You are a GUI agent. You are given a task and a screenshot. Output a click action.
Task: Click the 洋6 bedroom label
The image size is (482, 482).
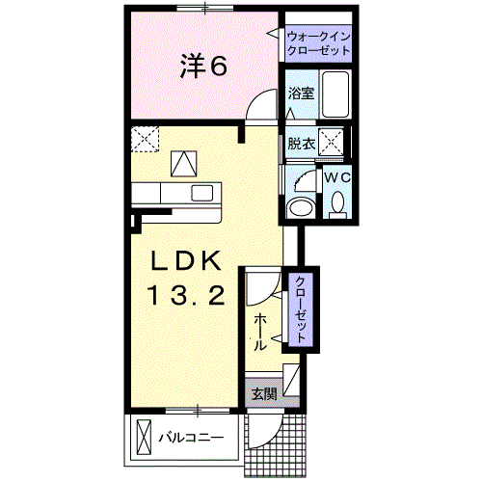point(203,66)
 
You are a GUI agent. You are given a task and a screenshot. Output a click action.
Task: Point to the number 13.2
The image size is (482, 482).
point(186,296)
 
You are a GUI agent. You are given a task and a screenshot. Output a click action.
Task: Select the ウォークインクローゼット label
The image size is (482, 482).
point(318,43)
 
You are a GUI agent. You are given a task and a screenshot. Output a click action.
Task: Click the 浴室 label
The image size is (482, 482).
point(301,94)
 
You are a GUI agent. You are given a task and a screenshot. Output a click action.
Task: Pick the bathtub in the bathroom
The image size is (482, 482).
point(335,94)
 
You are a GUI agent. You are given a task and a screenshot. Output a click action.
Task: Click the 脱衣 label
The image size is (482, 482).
point(301,144)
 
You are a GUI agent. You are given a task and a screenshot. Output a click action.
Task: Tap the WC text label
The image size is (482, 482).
point(336,177)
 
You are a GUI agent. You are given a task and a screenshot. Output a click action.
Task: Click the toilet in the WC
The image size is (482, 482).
point(337,204)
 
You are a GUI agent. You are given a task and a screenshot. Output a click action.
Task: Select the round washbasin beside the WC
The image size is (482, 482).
point(301,207)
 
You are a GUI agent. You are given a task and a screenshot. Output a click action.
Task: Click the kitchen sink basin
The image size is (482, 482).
point(202,193)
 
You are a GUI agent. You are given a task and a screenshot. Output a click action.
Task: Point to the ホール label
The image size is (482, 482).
point(260,333)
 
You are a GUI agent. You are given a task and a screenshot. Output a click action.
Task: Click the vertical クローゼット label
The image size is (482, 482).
point(301,309)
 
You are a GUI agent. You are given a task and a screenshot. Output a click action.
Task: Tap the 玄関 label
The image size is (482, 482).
point(264,393)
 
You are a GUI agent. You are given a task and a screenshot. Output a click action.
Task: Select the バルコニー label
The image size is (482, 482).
point(191,438)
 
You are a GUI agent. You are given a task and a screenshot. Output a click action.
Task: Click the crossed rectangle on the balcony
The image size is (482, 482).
point(144,437)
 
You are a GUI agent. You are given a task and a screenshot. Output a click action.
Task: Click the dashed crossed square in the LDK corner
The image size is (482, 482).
point(146,139)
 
